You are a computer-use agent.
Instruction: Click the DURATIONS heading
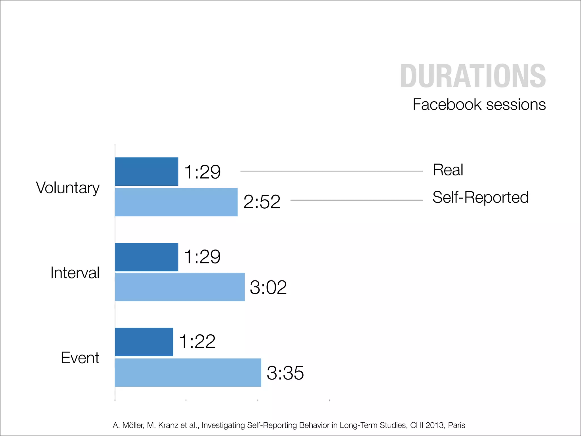(x=473, y=76)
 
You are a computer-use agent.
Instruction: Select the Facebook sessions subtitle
(x=479, y=104)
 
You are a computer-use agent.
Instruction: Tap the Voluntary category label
(x=68, y=188)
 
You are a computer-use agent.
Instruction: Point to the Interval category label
(x=75, y=273)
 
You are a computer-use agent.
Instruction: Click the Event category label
(x=80, y=358)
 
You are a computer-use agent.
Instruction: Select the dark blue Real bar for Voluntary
(x=146, y=171)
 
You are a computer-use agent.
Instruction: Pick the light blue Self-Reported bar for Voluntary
(x=176, y=202)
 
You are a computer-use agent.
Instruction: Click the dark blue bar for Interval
(x=146, y=257)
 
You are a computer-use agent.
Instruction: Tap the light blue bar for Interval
(x=180, y=287)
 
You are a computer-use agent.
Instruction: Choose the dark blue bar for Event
(x=144, y=342)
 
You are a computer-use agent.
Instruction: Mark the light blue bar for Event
(x=188, y=372)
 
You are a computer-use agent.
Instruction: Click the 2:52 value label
(x=262, y=202)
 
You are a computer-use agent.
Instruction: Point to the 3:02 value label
(x=268, y=287)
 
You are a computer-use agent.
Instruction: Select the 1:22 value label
(x=197, y=341)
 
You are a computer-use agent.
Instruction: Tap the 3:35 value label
(x=285, y=373)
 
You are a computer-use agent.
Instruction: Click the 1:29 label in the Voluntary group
(x=202, y=172)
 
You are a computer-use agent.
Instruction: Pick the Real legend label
(x=448, y=170)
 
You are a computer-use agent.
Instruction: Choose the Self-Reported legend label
(x=480, y=197)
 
